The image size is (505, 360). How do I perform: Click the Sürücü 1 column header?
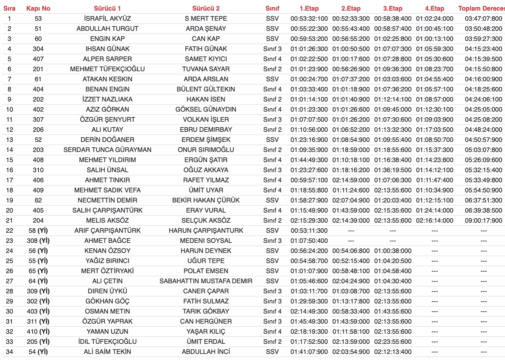[107, 8]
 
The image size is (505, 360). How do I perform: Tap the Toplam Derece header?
[481, 8]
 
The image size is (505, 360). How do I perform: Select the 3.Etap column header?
[392, 8]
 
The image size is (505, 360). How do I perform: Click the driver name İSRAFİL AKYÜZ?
[107, 19]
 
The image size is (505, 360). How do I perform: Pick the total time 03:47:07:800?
[483, 19]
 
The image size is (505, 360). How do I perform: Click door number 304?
[38, 49]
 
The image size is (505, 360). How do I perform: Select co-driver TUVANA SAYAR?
[206, 69]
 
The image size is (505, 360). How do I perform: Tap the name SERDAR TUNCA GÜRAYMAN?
[107, 150]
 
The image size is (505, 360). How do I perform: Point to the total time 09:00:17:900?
[483, 220]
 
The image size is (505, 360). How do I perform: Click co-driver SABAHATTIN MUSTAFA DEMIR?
[206, 281]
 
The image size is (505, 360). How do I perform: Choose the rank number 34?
[9, 352]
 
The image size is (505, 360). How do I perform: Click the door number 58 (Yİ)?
[38, 231]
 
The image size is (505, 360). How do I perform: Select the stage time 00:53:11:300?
[309, 231]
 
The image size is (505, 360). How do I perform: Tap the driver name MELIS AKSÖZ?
[107, 220]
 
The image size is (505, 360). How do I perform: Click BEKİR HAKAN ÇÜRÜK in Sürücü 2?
[206, 200]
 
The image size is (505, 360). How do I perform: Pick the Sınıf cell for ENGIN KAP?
[272, 39]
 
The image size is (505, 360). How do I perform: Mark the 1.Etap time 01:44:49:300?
[309, 160]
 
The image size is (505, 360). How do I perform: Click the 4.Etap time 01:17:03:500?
[434, 130]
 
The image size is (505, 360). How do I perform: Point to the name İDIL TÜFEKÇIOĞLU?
[107, 342]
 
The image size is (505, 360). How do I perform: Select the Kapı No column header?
[38, 8]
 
